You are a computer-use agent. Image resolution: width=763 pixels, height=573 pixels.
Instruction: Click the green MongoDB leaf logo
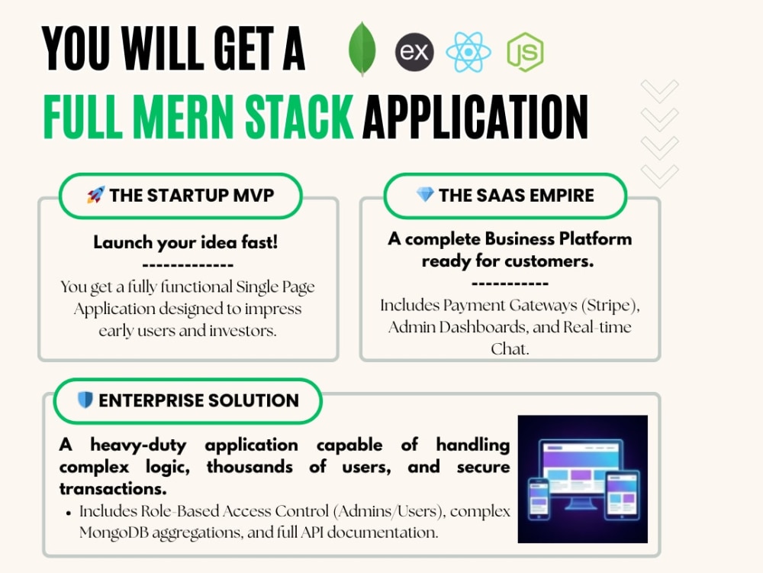pyautogui.click(x=362, y=49)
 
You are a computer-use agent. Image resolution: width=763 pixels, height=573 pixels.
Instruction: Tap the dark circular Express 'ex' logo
pyautogui.click(x=414, y=52)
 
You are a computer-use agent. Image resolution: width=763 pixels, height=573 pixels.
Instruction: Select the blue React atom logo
pyautogui.click(x=468, y=52)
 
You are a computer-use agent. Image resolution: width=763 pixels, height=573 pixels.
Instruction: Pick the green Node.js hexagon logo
pyautogui.click(x=525, y=52)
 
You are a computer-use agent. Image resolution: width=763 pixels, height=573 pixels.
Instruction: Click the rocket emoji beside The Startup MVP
pyautogui.click(x=96, y=195)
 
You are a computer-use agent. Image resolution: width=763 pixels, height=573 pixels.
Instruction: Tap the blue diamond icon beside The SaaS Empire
pyautogui.click(x=425, y=194)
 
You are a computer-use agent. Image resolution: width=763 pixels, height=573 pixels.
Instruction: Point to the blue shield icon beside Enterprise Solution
pyautogui.click(x=85, y=400)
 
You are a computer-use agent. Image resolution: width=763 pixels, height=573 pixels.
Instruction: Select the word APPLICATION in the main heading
pyautogui.click(x=475, y=117)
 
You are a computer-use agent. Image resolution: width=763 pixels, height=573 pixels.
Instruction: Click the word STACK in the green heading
pyautogui.click(x=299, y=117)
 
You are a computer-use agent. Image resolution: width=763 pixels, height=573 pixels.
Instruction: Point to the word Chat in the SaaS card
pyautogui.click(x=510, y=349)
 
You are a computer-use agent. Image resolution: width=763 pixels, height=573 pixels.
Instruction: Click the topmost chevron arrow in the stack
pyautogui.click(x=660, y=91)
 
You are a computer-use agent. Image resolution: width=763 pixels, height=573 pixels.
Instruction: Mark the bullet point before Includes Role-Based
pyautogui.click(x=69, y=513)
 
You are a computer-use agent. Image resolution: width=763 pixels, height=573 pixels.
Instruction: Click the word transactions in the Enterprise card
pyautogui.click(x=113, y=488)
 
